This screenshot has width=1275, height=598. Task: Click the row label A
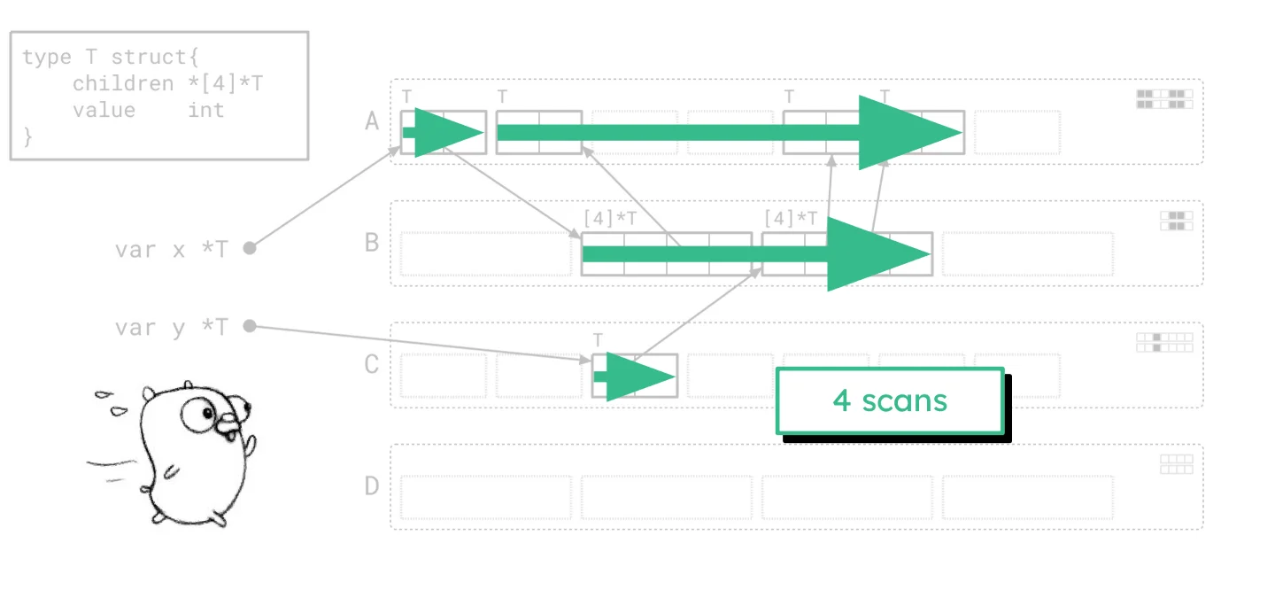373,120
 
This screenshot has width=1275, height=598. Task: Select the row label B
373,242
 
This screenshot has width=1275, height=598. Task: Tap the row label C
373,364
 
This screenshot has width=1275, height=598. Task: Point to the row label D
373,485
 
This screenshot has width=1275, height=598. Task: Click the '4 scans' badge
890,401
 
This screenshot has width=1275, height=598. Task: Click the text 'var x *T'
171,249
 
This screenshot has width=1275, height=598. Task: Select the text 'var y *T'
171,327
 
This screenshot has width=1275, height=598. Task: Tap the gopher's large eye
200,413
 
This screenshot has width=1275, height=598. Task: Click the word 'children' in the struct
123,83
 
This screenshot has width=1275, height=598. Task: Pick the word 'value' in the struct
104,110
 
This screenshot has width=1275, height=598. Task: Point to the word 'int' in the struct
205,110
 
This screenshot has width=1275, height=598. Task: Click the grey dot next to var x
250,248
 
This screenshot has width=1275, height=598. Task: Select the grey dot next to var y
250,326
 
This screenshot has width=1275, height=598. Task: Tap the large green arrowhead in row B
877,254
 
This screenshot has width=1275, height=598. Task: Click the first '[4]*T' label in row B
610,218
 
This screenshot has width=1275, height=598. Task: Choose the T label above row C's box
598,340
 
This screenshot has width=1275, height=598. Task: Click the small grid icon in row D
1177,464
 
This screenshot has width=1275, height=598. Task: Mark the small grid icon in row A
1165,98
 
